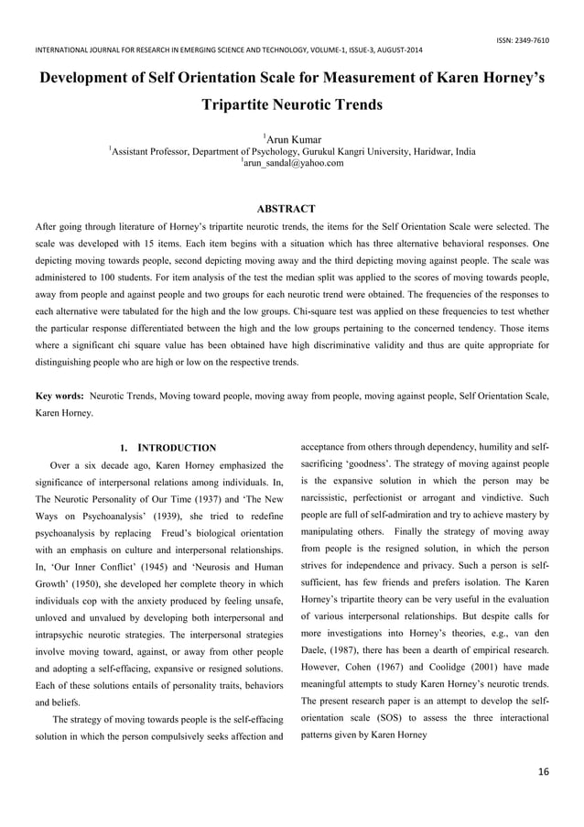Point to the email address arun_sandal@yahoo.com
pyautogui.click(x=294, y=163)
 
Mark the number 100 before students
pyautogui.click(x=125, y=274)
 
